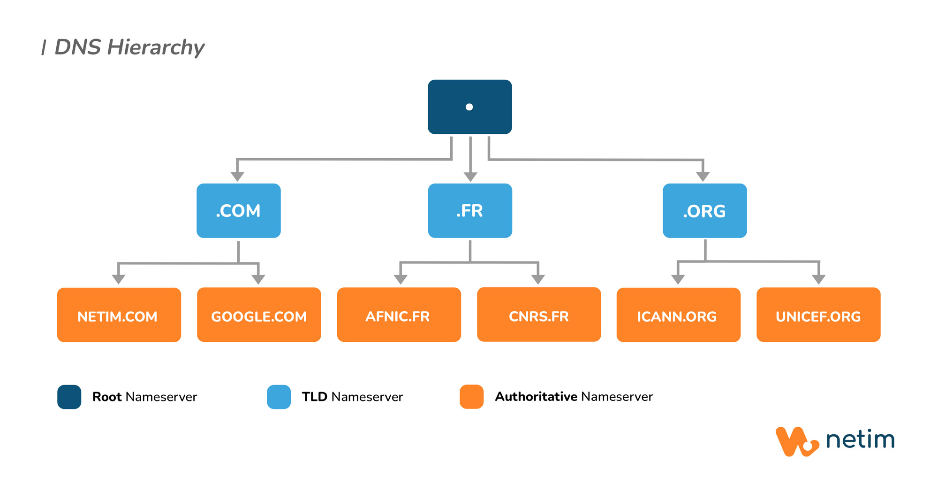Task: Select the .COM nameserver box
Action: [238, 210]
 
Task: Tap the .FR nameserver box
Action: [470, 210]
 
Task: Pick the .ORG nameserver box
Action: [704, 210]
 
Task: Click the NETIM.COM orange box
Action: [119, 315]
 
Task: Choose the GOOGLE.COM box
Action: [259, 315]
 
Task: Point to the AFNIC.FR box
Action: [399, 315]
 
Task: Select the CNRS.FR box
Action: [539, 315]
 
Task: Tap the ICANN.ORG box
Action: [678, 315]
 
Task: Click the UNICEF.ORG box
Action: [818, 315]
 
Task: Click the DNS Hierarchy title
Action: [129, 47]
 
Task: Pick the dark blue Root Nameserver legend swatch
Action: [69, 397]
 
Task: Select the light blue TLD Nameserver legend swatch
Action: [279, 397]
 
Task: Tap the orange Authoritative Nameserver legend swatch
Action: [471, 397]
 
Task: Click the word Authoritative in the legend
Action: [536, 397]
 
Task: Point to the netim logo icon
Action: [796, 441]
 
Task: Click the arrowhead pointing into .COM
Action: [237, 177]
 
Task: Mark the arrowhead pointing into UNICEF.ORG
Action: [818, 279]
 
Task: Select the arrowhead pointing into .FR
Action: [470, 177]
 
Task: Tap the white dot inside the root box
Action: [469, 107]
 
